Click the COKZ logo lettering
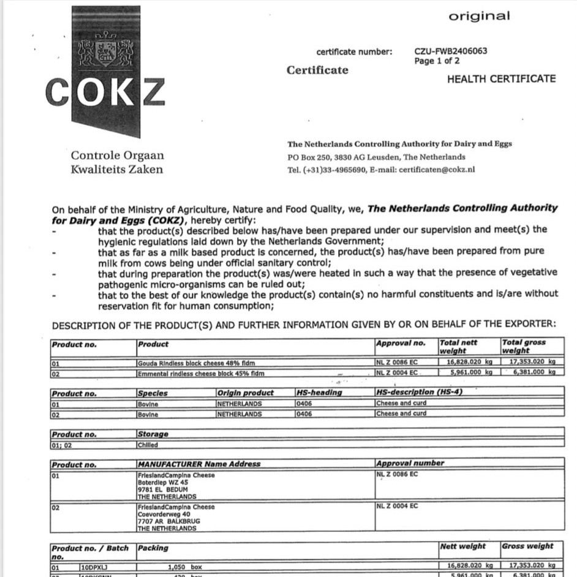point(105,92)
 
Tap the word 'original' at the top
point(478,17)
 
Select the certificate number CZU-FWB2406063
point(450,51)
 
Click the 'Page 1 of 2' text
point(437,61)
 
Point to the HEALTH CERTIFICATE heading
point(501,78)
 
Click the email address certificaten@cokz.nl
point(437,170)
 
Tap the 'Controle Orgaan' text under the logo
point(117,156)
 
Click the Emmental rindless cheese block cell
point(201,372)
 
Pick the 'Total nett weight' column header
point(459,347)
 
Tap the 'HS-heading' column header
point(319,393)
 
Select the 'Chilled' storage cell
point(148,445)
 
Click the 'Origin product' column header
point(246,393)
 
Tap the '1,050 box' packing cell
point(184,567)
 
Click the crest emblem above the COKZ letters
point(105,52)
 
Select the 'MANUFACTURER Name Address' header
point(199,464)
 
